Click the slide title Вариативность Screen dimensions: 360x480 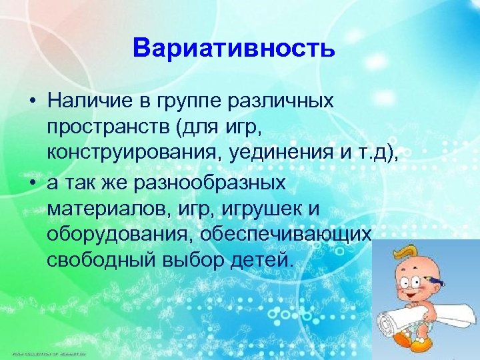coord(233,49)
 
